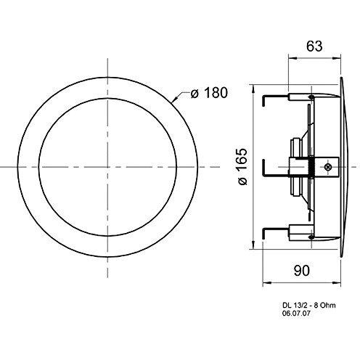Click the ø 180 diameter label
(x=209, y=93)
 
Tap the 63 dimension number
(x=314, y=46)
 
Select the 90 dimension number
(x=302, y=271)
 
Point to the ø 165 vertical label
(x=242, y=167)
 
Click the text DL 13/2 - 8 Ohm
(x=309, y=306)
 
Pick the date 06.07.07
(x=296, y=314)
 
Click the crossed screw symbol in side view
(x=328, y=167)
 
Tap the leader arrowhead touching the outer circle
(x=176, y=99)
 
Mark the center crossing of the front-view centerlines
(x=107, y=167)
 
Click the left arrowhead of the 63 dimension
(x=292, y=58)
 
